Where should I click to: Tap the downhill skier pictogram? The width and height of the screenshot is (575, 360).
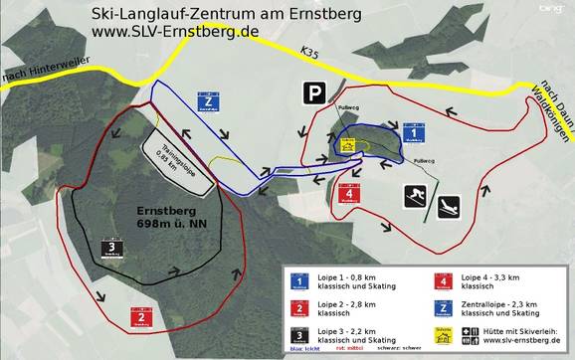click(x=415, y=197)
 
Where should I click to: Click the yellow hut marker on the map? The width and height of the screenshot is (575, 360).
click(x=348, y=145)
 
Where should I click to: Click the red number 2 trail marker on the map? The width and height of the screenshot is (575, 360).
click(x=143, y=317)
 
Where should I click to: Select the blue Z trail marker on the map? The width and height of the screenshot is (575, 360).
click(x=208, y=103)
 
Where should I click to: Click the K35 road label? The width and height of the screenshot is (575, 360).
click(x=313, y=51)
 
